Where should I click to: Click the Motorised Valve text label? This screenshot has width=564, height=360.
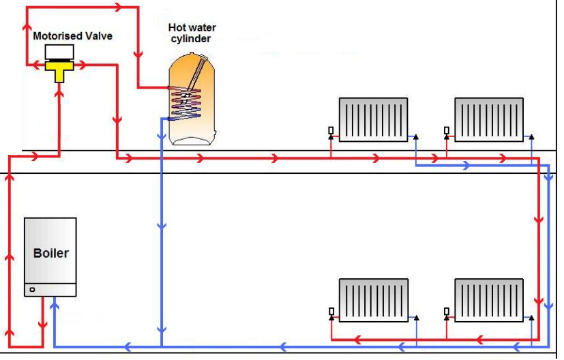pos(72,35)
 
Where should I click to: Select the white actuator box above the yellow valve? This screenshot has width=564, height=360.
pos(59,52)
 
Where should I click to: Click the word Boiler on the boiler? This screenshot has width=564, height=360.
pos(50,253)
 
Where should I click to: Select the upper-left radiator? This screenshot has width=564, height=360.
pos(373,119)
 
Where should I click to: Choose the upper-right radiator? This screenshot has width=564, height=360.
pos(489,119)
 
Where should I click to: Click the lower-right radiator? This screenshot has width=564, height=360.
pos(489,300)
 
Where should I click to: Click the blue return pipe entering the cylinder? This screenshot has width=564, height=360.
pos(166,119)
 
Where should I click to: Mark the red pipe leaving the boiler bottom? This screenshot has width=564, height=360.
pos(42,320)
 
